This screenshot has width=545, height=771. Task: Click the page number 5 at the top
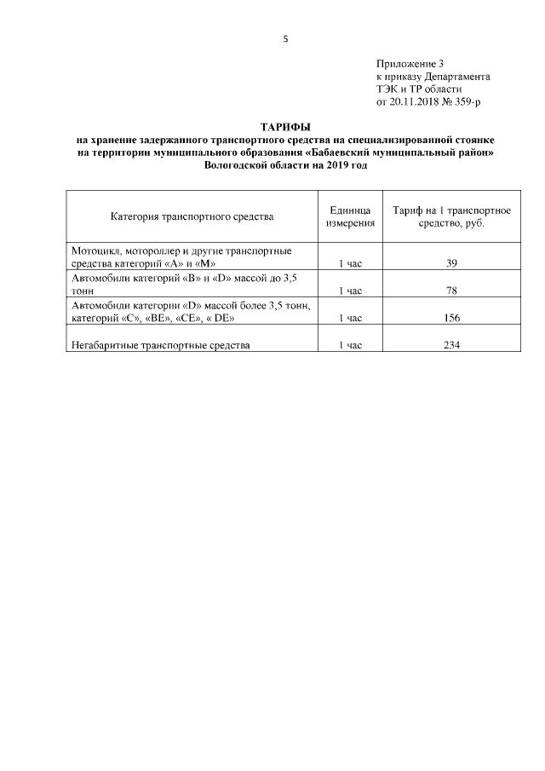(x=285, y=38)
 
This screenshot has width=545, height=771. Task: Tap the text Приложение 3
(x=410, y=64)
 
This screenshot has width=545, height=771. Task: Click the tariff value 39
(x=451, y=263)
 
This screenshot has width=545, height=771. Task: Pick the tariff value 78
(x=451, y=291)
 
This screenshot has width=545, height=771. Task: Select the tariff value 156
(x=451, y=318)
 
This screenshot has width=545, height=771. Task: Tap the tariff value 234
(x=451, y=345)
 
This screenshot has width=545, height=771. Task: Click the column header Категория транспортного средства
(x=192, y=216)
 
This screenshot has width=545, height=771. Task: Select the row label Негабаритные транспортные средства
(x=162, y=345)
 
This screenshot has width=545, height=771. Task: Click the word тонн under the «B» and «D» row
(x=84, y=291)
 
